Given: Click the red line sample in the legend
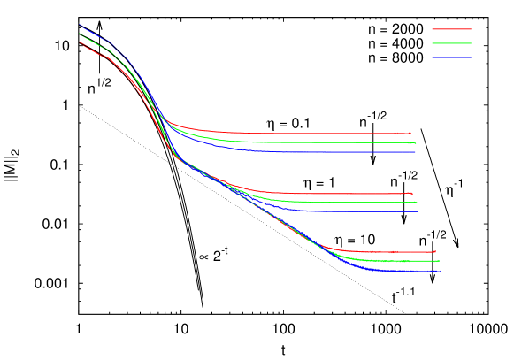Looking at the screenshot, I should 451,29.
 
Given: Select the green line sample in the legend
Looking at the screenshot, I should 451,43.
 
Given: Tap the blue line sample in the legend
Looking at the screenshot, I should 451,57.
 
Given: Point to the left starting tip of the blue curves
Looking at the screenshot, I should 80,25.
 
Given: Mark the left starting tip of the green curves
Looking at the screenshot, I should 80,34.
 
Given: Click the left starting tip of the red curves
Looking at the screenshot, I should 80,42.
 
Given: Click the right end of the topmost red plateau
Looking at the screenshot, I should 410,134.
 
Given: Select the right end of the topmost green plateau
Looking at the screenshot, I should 416,143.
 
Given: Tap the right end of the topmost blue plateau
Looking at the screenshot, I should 416,152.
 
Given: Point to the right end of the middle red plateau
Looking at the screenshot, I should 412,194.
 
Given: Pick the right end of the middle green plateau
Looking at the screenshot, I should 417,203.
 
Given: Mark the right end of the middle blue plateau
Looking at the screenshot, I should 418,211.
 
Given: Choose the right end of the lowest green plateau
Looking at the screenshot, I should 440,261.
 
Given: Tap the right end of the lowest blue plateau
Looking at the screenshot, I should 441,272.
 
